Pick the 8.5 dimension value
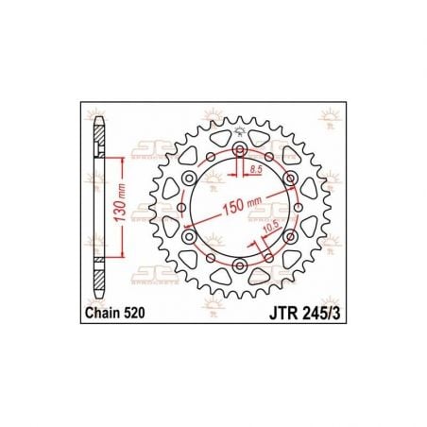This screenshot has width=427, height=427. [x=255, y=169]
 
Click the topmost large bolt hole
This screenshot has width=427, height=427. [x=239, y=151]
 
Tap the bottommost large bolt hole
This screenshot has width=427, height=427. [x=239, y=265]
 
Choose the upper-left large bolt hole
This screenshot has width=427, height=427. [x=190, y=179]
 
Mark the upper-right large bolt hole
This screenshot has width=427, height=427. [x=289, y=179]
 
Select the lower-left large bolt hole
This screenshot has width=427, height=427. [x=190, y=236]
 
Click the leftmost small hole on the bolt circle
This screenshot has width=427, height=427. [x=182, y=208]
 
